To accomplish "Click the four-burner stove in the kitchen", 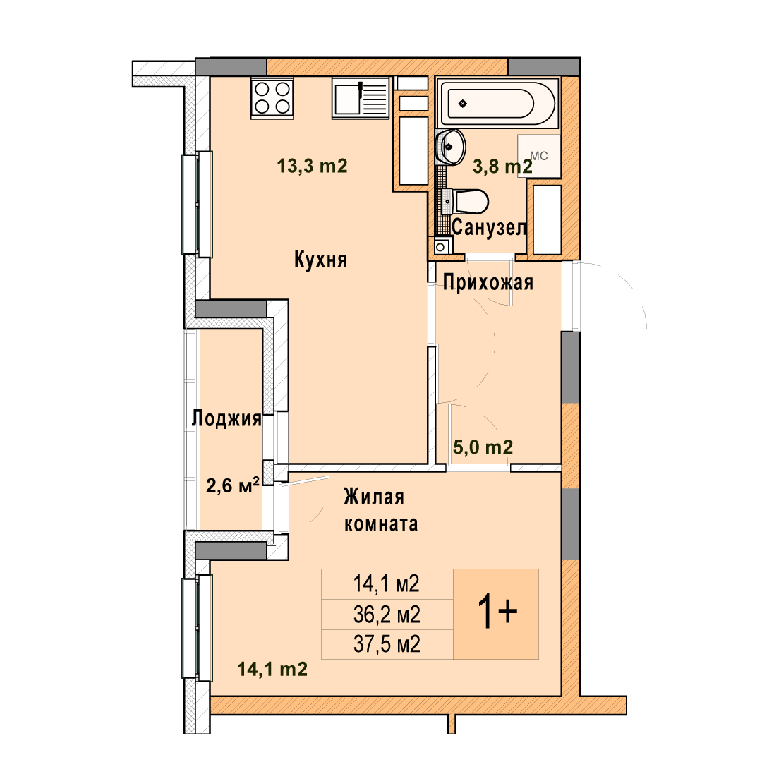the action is (x=272, y=97).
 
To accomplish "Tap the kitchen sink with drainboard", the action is (x=361, y=97).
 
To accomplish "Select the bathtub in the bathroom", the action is (x=497, y=103).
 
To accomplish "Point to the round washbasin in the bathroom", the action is (x=451, y=147).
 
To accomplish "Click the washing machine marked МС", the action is (x=539, y=156).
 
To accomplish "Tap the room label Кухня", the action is (x=321, y=260).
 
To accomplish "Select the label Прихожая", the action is (x=488, y=282).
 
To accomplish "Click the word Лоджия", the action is (x=226, y=418).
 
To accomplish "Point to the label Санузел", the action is (x=490, y=227).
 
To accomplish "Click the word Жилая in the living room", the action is (x=374, y=497).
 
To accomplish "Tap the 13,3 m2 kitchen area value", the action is (x=312, y=167).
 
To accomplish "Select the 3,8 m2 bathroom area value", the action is (x=502, y=167).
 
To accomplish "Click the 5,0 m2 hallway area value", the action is (x=483, y=447).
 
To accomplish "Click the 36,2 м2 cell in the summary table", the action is (x=387, y=615).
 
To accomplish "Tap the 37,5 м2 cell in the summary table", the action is (x=387, y=645).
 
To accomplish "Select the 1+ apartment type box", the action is (x=496, y=615).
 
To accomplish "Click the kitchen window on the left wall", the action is (x=198, y=204).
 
